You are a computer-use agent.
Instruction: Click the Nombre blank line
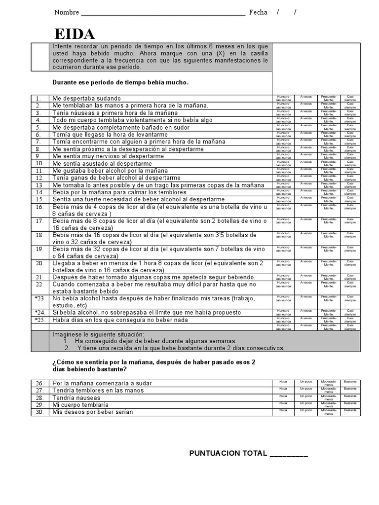[163, 13]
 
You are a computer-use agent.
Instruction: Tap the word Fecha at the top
[258, 12]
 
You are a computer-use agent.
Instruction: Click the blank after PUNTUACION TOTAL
[289, 454]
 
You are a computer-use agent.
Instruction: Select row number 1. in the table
[39, 98]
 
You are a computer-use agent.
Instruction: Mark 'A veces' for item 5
[306, 127]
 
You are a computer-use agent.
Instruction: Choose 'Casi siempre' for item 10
[350, 163]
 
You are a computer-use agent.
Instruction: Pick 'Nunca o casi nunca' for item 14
[283, 192]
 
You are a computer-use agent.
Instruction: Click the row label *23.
[39, 298]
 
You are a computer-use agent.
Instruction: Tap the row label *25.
[39, 320]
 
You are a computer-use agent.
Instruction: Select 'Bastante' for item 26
[350, 382]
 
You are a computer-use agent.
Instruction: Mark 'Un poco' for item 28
[306, 396]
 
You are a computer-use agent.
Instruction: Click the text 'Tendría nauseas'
[76, 397]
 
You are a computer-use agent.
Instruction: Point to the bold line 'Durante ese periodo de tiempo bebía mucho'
[120, 82]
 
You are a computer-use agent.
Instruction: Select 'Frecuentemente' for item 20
[328, 263]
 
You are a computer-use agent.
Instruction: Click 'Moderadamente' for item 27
[328, 390]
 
